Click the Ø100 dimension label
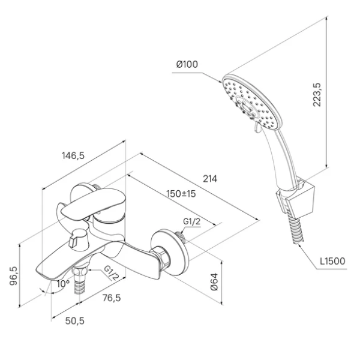187,64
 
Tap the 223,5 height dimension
317,94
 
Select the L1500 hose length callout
332,261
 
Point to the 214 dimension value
210,179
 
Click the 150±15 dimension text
181,194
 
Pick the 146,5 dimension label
73,155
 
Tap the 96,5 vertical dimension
14,276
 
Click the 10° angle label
63,284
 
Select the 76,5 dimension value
112,298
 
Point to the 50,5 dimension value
75,321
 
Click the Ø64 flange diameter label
214,282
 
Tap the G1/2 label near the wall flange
192,221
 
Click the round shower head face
252,102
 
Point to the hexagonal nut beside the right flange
161,257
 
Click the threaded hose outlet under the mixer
80,280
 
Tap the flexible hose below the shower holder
295,230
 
